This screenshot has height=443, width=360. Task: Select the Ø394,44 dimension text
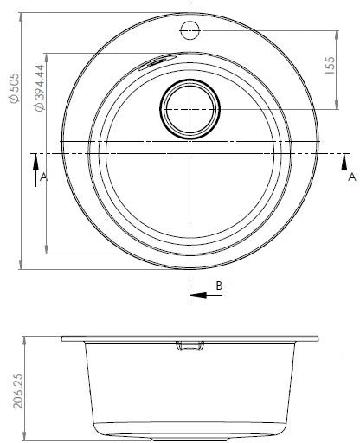(x=40, y=87)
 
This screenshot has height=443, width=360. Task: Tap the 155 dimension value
(x=331, y=66)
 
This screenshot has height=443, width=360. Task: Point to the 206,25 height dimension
(x=18, y=391)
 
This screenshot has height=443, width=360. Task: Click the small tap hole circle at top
(x=190, y=30)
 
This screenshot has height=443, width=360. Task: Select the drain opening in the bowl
(x=190, y=109)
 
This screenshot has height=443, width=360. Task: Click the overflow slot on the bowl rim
(x=157, y=61)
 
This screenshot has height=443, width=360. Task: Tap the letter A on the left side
(x=43, y=177)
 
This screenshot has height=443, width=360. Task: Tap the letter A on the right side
(x=352, y=177)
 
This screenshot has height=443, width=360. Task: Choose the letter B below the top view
(x=219, y=286)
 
